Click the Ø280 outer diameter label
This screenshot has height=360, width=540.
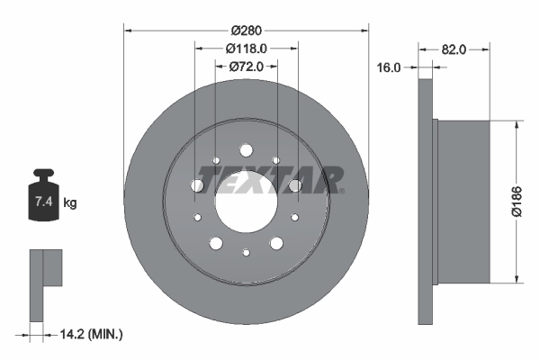pyautogui.click(x=245, y=30)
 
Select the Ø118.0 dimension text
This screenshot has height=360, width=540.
pyautogui.click(x=245, y=48)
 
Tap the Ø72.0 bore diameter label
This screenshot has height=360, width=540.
pyautogui.click(x=245, y=66)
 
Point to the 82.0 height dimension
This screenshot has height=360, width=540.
pyautogui.click(x=454, y=49)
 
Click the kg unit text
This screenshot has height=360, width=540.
pyautogui.click(x=70, y=203)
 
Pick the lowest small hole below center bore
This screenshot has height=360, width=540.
pyautogui.click(x=245, y=256)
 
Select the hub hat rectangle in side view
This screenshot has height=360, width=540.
pyautogui.click(x=463, y=200)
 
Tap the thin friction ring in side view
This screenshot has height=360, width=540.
pyautogui.click(x=425, y=200)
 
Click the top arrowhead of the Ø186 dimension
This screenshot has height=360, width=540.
pyautogui.click(x=515, y=125)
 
